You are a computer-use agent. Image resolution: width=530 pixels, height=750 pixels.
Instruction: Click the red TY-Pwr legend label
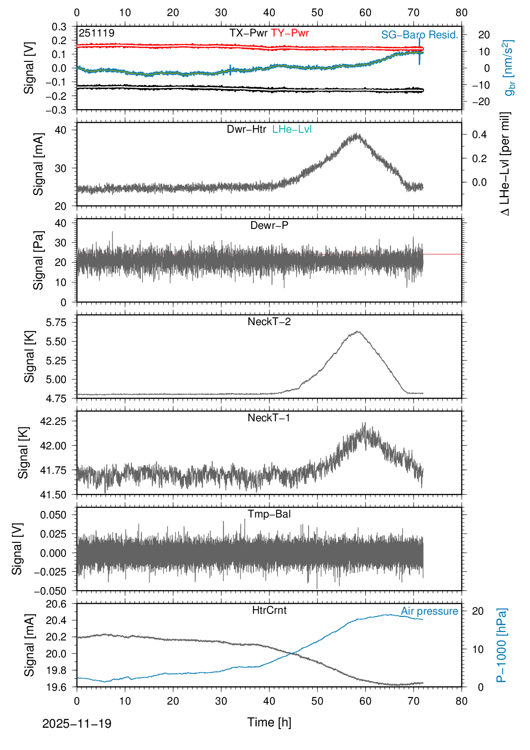[x=289, y=33]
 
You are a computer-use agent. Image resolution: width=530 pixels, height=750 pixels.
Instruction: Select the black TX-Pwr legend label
[x=249, y=33]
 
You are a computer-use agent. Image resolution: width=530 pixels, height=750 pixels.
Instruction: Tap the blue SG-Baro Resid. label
[x=420, y=35]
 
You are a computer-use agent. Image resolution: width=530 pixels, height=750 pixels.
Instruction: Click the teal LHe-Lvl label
[x=292, y=129]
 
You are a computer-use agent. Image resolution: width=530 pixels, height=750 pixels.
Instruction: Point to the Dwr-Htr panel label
[x=246, y=129]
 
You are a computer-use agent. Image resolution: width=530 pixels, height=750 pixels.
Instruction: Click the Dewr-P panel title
[x=269, y=225]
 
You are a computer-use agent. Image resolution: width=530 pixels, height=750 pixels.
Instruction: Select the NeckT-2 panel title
[x=269, y=322]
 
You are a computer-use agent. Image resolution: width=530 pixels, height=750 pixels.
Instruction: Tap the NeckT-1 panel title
[x=269, y=418]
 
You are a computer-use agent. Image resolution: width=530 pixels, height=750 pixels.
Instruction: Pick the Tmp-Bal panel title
[x=269, y=514]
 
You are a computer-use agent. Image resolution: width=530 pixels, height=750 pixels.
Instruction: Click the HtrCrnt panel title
[x=269, y=610]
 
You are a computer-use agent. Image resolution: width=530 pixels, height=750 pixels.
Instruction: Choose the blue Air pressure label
[x=429, y=611]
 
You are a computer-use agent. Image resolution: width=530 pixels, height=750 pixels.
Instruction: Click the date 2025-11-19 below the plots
[x=77, y=724]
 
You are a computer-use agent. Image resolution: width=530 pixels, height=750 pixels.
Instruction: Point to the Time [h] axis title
[x=269, y=722]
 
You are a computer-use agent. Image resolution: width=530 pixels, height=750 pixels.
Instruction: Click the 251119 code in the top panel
[x=97, y=33]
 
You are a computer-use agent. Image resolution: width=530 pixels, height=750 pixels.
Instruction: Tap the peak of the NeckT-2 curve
[x=357, y=331]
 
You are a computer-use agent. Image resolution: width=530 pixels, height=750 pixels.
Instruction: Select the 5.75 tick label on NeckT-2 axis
[x=56, y=322]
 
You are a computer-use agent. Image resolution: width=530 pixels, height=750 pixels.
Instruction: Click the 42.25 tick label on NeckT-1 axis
[x=53, y=421]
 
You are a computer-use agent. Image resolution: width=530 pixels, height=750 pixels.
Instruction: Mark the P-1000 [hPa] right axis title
[x=502, y=645]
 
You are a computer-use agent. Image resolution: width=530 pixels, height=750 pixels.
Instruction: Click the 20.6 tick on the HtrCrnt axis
[x=56, y=604]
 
